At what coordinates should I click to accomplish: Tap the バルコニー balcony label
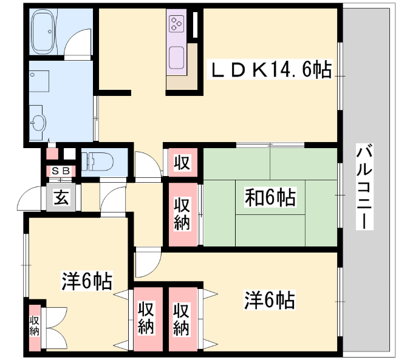[364, 186]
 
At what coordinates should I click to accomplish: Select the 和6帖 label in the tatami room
[270, 197]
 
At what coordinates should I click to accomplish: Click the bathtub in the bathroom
[43, 32]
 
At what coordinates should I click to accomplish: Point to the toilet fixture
[98, 161]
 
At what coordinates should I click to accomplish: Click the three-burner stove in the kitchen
[177, 24]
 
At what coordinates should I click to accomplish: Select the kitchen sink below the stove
[177, 58]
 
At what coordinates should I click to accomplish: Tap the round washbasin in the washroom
[38, 123]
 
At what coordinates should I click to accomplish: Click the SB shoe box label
[61, 171]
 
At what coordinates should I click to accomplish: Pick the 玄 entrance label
[61, 197]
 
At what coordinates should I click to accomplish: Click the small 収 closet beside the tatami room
[182, 162]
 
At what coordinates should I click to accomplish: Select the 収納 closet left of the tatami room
[182, 214]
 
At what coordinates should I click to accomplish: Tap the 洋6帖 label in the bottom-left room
[87, 281]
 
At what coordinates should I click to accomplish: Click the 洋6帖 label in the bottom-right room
[269, 300]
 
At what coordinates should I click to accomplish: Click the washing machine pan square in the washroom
[39, 81]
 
